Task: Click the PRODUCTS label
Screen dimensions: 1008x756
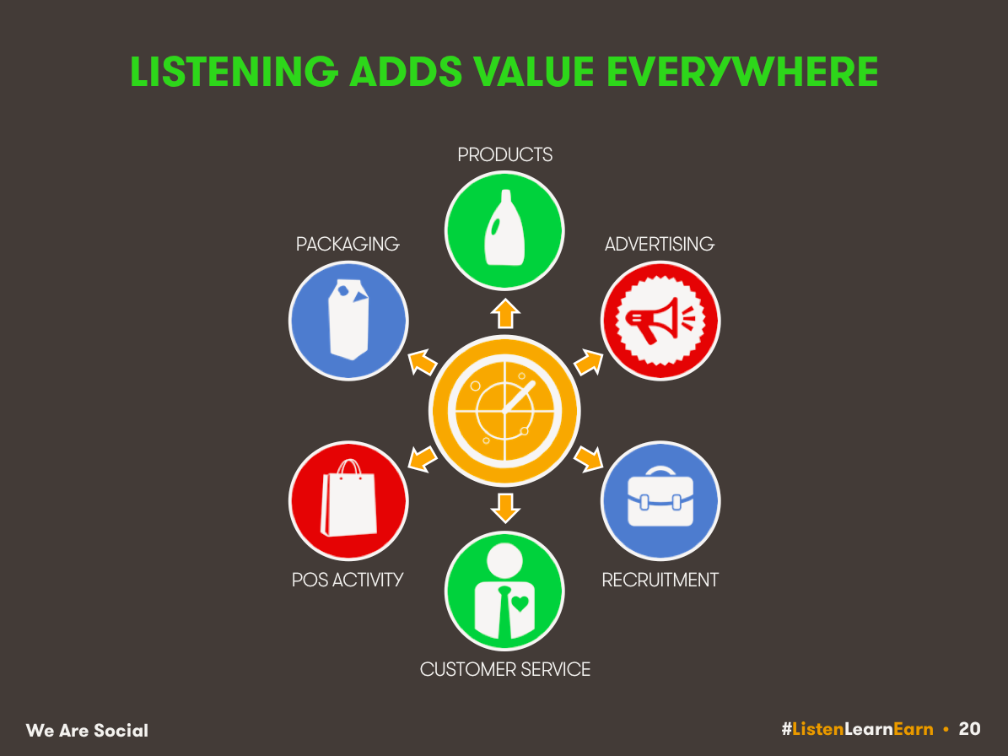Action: [x=504, y=155]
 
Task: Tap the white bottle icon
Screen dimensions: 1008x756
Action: [x=504, y=228]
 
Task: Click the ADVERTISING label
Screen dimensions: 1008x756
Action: [x=660, y=245]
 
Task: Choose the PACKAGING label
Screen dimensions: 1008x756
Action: [x=348, y=245]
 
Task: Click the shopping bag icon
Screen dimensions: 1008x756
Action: [x=349, y=498]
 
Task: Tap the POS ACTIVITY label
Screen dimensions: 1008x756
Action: [x=348, y=580]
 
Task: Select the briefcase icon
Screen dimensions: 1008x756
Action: [x=660, y=498]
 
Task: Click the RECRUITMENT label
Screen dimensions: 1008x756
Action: [x=660, y=580]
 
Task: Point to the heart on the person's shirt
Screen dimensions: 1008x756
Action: [x=520, y=603]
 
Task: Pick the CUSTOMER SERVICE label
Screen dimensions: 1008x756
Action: [x=504, y=670]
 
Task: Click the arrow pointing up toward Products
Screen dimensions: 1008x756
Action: [x=505, y=314]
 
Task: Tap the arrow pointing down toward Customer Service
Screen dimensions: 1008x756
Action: [x=505, y=509]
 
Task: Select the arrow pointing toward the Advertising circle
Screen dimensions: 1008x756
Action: [x=589, y=363]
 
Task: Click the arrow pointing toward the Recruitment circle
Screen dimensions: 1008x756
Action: [x=589, y=459]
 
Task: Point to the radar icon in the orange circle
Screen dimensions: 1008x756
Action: [x=504, y=411]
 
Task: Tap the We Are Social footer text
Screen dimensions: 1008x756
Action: [x=88, y=731]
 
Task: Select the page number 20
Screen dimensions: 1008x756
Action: [x=969, y=729]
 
